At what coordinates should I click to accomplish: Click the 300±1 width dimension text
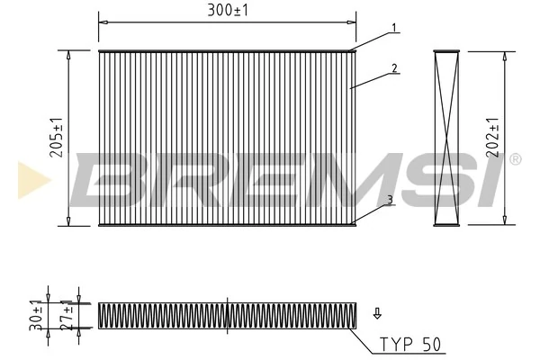(228, 10)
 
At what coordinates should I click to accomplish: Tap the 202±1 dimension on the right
(492, 138)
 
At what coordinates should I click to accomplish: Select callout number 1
(393, 28)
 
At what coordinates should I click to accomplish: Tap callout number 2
(393, 67)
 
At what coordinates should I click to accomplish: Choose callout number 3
(389, 200)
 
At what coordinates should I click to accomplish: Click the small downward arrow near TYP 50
(377, 313)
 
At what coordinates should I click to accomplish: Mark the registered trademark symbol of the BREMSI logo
(515, 159)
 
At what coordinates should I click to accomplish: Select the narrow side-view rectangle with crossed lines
(446, 138)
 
